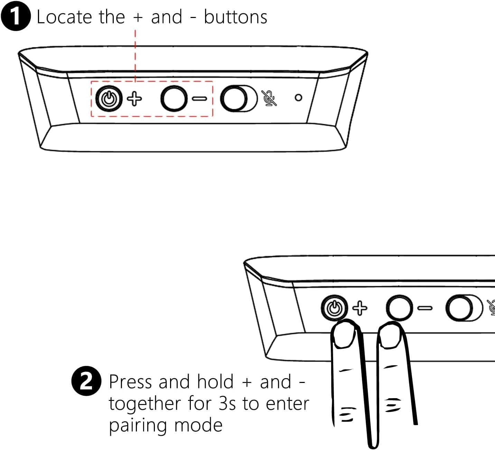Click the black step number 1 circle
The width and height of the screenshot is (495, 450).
(x=16, y=16)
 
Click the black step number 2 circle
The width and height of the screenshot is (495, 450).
(x=86, y=381)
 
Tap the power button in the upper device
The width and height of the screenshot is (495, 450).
(x=109, y=99)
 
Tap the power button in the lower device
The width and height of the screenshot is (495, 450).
(x=334, y=308)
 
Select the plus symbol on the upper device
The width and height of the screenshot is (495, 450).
(x=134, y=99)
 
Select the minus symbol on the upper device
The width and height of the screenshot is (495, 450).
(x=200, y=99)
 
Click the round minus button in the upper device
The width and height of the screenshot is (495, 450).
(x=174, y=99)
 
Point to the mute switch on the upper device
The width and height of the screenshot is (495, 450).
(x=239, y=99)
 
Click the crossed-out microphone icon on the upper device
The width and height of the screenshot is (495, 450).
(x=269, y=98)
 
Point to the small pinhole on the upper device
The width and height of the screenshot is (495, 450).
(x=298, y=98)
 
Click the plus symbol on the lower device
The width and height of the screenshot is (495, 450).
(x=360, y=308)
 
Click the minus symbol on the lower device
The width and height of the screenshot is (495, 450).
(x=425, y=308)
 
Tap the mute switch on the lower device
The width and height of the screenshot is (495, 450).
(x=464, y=308)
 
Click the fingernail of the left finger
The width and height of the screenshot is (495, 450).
(x=344, y=335)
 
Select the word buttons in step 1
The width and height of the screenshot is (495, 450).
(x=235, y=17)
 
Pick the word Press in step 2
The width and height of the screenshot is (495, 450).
(x=130, y=382)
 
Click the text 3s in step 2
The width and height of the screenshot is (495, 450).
(x=227, y=404)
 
